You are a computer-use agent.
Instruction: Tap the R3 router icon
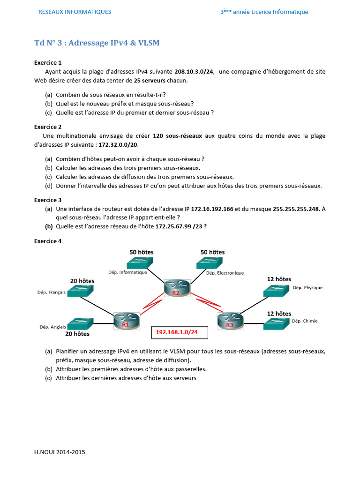click(229, 322)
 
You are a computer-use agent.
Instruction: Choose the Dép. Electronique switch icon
click(209, 263)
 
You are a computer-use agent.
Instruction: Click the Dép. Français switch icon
click(80, 292)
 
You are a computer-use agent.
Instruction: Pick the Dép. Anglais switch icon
click(80, 323)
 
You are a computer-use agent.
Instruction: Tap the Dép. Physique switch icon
click(277, 290)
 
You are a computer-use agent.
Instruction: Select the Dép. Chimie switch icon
click(277, 322)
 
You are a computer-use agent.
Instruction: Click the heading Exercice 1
click(48, 62)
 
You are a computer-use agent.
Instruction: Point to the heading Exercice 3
click(48, 200)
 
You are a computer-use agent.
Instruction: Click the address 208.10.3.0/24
click(194, 71)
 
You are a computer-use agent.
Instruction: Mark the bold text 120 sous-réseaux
click(177, 135)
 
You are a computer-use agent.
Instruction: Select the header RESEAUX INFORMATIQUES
click(75, 12)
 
